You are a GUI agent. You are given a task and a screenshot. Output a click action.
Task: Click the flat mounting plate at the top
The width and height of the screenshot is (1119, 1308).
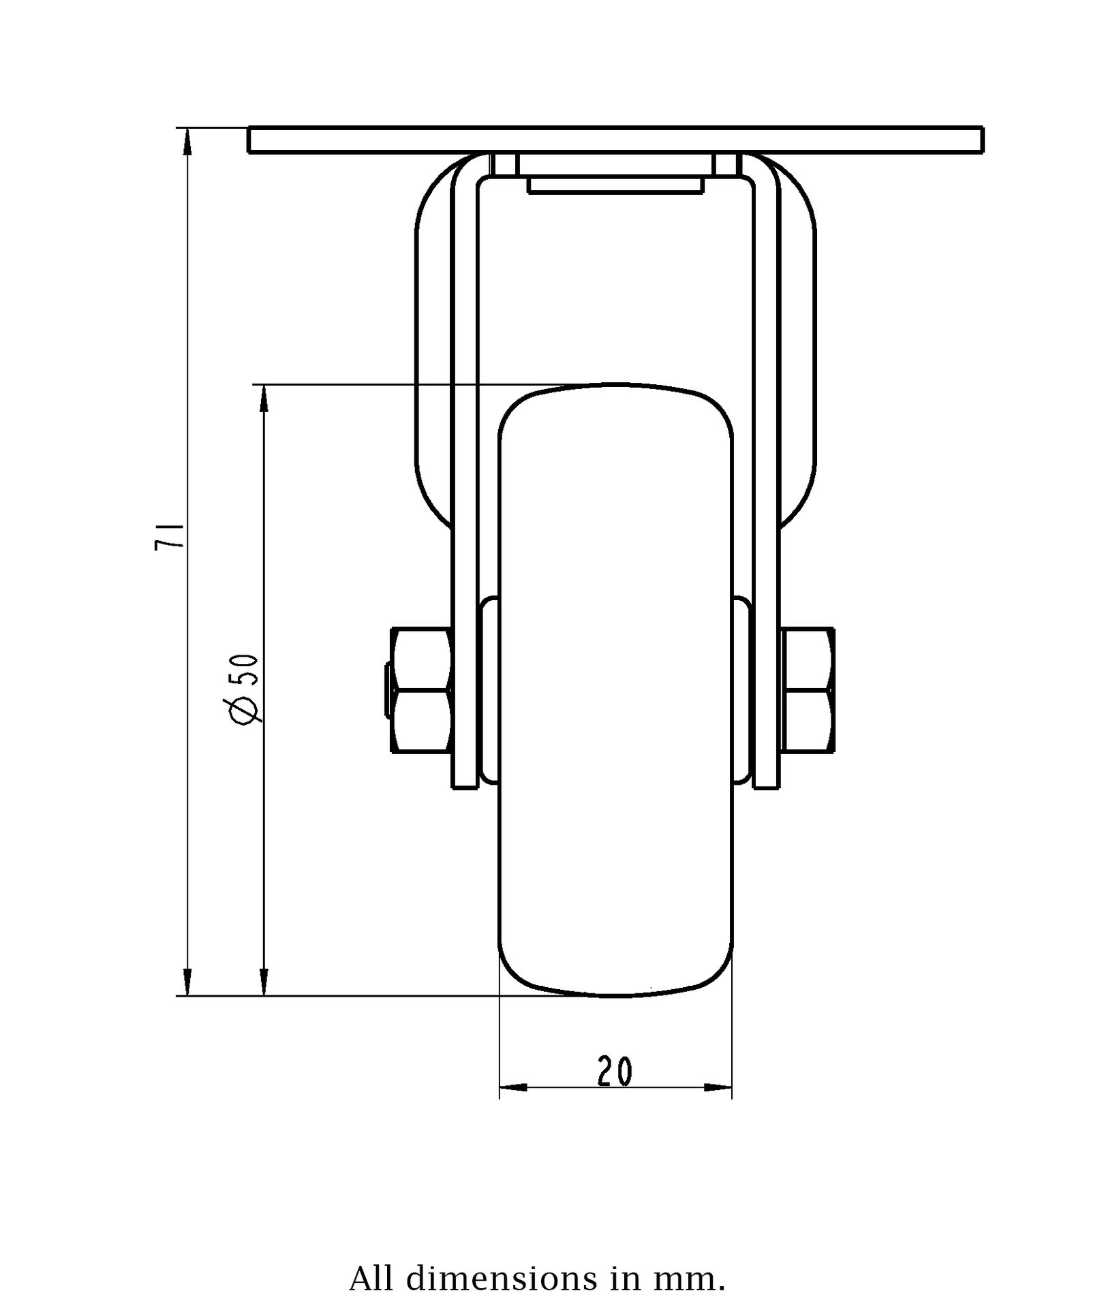[x=615, y=140]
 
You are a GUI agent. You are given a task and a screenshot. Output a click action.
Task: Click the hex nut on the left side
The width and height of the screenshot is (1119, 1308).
[x=421, y=691]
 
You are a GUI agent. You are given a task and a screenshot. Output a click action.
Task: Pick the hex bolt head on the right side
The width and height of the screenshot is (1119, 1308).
[x=808, y=691]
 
